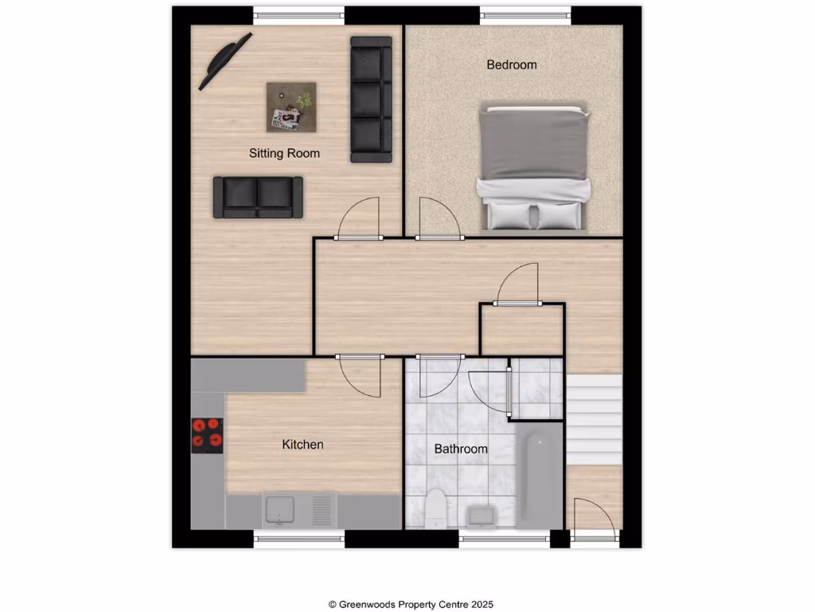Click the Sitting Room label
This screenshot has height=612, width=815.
(284, 153)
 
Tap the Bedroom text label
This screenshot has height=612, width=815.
(512, 65)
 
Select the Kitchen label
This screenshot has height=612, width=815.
(302, 445)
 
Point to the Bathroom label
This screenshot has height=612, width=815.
(460, 449)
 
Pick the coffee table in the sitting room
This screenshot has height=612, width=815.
(291, 107)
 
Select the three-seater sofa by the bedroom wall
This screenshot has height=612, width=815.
(372, 100)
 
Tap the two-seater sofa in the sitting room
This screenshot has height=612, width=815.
(258, 197)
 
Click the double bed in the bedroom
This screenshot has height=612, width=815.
(534, 168)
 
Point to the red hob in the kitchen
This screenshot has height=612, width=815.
(207, 436)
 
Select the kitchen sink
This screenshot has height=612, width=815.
(279, 510)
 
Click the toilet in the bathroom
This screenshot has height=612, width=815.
(435, 508)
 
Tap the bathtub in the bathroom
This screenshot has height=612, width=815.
(539, 476)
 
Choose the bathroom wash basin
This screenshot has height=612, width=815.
(482, 516)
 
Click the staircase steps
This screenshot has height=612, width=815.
(593, 418)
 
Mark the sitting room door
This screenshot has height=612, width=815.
(359, 219)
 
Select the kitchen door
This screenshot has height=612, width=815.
(359, 377)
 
